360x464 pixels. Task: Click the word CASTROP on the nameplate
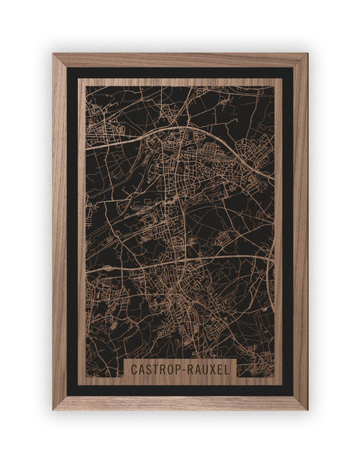(154, 369)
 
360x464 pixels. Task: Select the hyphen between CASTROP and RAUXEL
(181, 369)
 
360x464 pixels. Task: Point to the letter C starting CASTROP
(133, 369)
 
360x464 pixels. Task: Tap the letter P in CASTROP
(175, 369)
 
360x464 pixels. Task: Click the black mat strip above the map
(180, 73)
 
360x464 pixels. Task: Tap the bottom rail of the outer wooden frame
(180, 402)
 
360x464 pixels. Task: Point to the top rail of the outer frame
(180, 60)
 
